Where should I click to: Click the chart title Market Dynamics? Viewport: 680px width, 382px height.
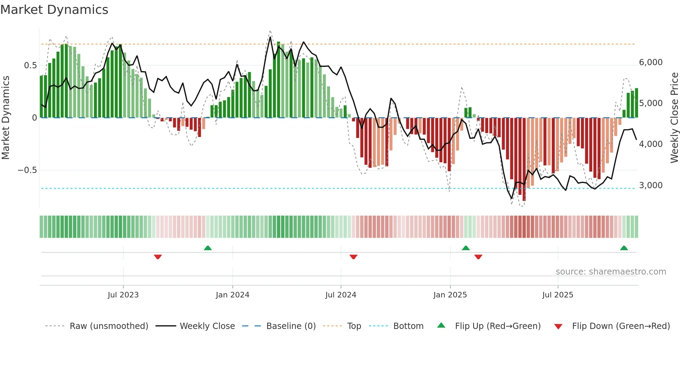click(54, 10)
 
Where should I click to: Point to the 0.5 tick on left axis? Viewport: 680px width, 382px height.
click(30, 66)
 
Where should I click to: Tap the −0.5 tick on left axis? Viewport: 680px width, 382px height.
click(27, 170)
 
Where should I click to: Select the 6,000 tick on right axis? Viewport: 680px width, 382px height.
click(651, 62)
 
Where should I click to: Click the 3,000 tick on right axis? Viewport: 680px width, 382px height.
click(651, 185)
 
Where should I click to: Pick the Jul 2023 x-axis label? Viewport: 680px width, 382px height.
click(123, 295)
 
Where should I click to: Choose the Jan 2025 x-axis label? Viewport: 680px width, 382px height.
click(450, 295)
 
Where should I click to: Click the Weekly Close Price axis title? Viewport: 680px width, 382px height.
click(674, 118)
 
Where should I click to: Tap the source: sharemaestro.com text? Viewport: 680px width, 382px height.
click(611, 272)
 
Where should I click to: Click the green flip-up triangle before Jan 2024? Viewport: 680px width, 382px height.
click(207, 248)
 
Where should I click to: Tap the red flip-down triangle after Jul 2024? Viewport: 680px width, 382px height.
click(354, 257)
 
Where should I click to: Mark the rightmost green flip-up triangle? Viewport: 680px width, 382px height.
click(624, 248)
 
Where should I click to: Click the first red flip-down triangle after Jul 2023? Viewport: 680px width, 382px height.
click(158, 257)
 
